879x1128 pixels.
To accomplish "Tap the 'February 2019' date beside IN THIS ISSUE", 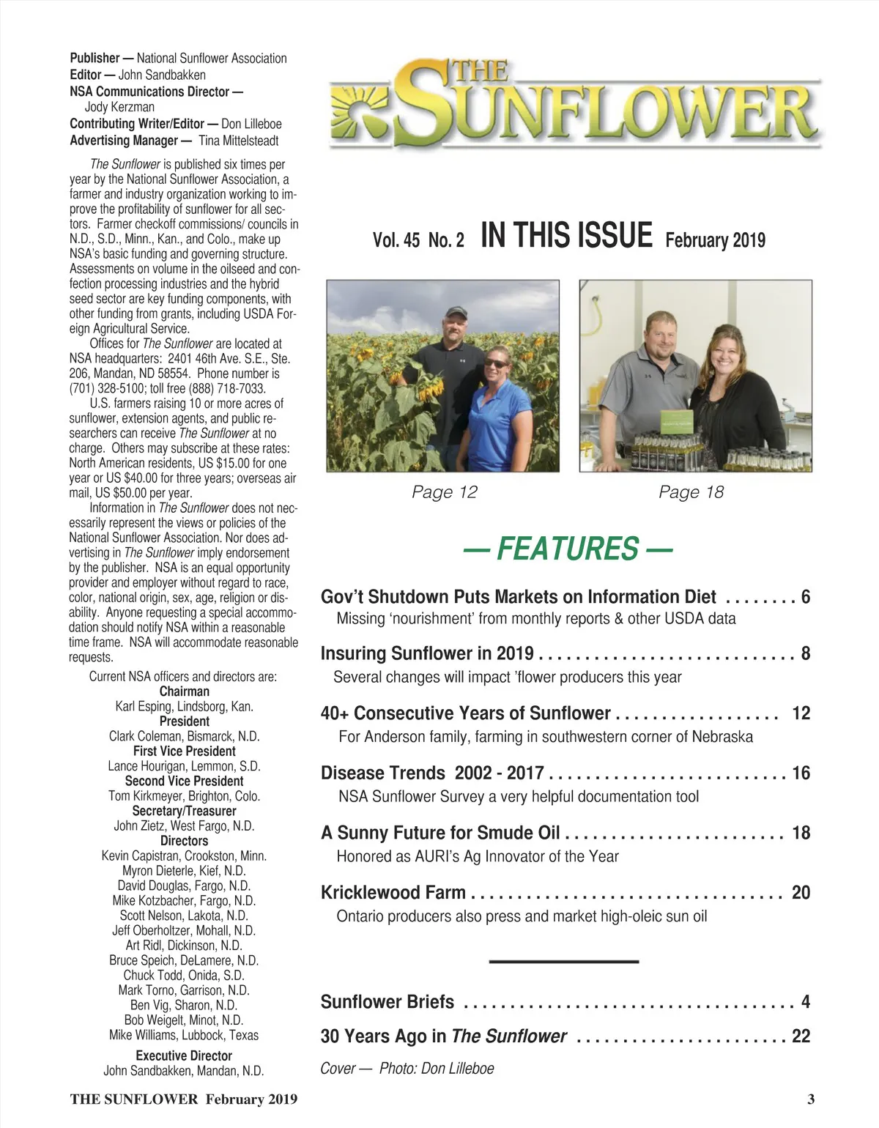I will pyautogui.click(x=715, y=240).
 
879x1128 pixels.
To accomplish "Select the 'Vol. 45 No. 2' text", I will pyautogui.click(x=418, y=240).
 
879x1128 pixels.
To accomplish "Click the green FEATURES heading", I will pyautogui.click(x=568, y=549).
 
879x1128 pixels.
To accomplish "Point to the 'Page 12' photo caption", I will pyautogui.click(x=444, y=492).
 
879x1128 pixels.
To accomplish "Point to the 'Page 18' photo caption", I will pyautogui.click(x=691, y=492).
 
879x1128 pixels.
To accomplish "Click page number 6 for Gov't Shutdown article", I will pyautogui.click(x=805, y=597).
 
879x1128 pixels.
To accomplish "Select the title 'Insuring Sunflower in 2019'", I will pyautogui.click(x=427, y=653).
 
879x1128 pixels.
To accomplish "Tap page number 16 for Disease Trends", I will pyautogui.click(x=801, y=773).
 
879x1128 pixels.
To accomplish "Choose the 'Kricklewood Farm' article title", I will pyautogui.click(x=393, y=892).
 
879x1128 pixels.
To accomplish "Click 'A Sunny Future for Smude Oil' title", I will pyautogui.click(x=440, y=833).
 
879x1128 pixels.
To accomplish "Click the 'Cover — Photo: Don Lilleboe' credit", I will pyautogui.click(x=407, y=1069).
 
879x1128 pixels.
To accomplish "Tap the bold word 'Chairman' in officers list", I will pyautogui.click(x=185, y=691).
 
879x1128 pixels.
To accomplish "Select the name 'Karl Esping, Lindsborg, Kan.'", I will pyautogui.click(x=185, y=707).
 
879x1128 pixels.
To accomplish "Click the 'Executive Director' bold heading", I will pyautogui.click(x=184, y=1055).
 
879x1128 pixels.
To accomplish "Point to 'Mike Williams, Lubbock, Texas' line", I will pyautogui.click(x=184, y=1035).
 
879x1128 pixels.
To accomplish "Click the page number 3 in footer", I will pyautogui.click(x=810, y=1099).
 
